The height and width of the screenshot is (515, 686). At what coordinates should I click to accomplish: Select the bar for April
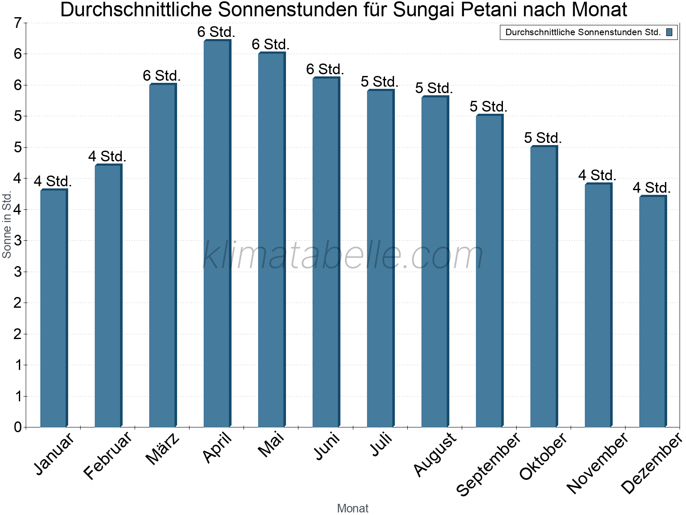pos(217,234)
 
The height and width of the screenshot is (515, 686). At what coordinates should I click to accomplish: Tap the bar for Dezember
pos(653,311)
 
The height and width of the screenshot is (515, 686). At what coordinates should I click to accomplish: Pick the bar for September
pos(489,271)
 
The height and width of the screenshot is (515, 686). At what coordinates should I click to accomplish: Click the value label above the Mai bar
pos(271,44)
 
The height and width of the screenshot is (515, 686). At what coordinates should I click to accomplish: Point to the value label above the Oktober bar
pos(543,138)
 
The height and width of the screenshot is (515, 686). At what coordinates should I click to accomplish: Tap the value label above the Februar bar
pos(107,156)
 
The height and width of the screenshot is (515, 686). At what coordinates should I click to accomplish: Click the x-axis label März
pos(162,448)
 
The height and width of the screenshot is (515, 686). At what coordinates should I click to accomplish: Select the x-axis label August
pos(435,454)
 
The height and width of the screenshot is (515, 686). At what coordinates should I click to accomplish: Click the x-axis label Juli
pos(381,444)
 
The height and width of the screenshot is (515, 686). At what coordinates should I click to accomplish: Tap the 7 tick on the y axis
pos(18,23)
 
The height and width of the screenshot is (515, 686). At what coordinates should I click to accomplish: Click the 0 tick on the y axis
pos(18,427)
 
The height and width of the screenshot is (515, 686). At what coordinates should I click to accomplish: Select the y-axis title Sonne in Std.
pos(7,224)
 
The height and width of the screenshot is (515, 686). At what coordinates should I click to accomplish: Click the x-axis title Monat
pos(352,508)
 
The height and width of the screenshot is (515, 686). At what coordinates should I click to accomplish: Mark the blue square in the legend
pos(669,32)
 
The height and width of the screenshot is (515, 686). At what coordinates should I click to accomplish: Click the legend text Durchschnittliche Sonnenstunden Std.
pos(583,32)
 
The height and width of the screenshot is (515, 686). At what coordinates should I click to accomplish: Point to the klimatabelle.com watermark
pos(343,255)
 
